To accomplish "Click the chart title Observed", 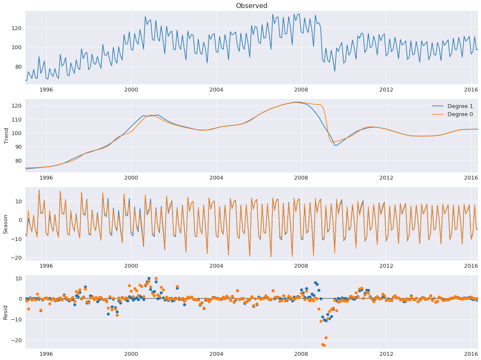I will click(251, 6).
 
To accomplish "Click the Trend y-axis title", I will click(6, 136).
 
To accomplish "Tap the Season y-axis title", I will click(6, 224).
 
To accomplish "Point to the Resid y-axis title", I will click(6, 312).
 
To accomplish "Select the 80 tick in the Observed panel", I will click(18, 66).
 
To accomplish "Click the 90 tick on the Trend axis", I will click(18, 147).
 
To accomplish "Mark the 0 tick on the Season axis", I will click(20, 220).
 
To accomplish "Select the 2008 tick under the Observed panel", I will click(301, 90).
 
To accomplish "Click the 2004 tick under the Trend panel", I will click(216, 178).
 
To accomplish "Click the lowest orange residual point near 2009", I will click(324, 346).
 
